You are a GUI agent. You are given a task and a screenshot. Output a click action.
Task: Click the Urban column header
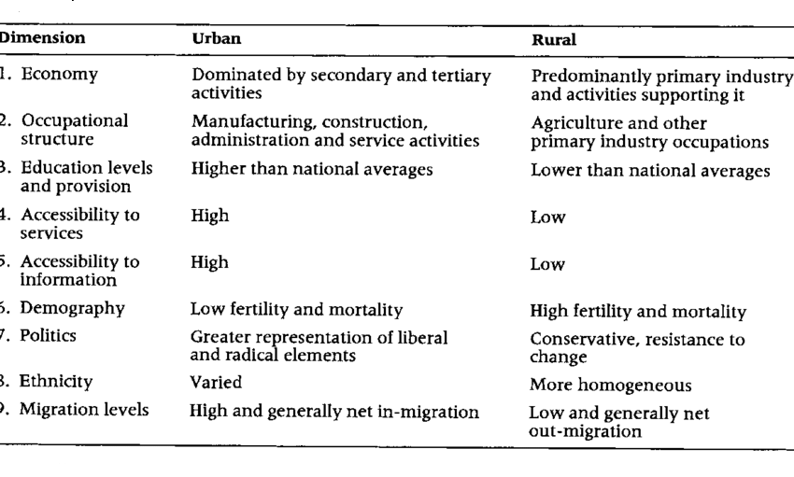(213, 40)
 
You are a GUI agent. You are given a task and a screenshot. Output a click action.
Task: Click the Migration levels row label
(85, 409)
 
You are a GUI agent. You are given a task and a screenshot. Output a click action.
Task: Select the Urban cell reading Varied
(216, 382)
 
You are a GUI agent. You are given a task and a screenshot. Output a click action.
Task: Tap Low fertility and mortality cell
(297, 310)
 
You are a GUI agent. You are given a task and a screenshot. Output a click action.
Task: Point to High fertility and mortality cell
(638, 312)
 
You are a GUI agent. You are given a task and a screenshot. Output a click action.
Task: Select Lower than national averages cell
(651, 171)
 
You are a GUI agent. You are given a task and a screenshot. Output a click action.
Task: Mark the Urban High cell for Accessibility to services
(209, 216)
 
